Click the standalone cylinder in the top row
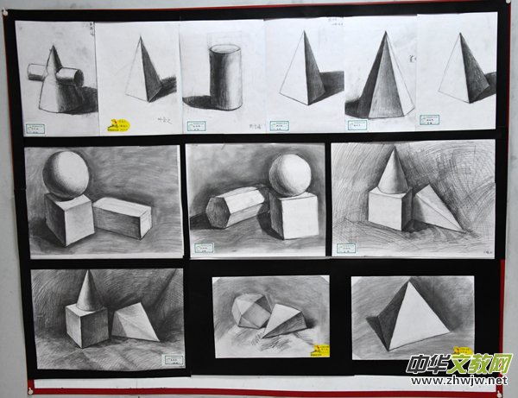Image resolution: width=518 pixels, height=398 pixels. [226, 77]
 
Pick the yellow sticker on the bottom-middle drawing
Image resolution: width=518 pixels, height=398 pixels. [320, 349]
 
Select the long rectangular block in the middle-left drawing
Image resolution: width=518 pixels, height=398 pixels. [123, 217]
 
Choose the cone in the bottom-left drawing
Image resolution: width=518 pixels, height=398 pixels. [89, 291]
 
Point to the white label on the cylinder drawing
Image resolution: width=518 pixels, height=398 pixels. [279, 125]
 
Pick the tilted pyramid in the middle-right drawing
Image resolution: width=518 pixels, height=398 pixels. [434, 210]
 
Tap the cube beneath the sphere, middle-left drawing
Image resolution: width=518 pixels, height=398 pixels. [69, 218]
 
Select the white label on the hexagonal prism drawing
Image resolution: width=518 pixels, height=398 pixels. [204, 248]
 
